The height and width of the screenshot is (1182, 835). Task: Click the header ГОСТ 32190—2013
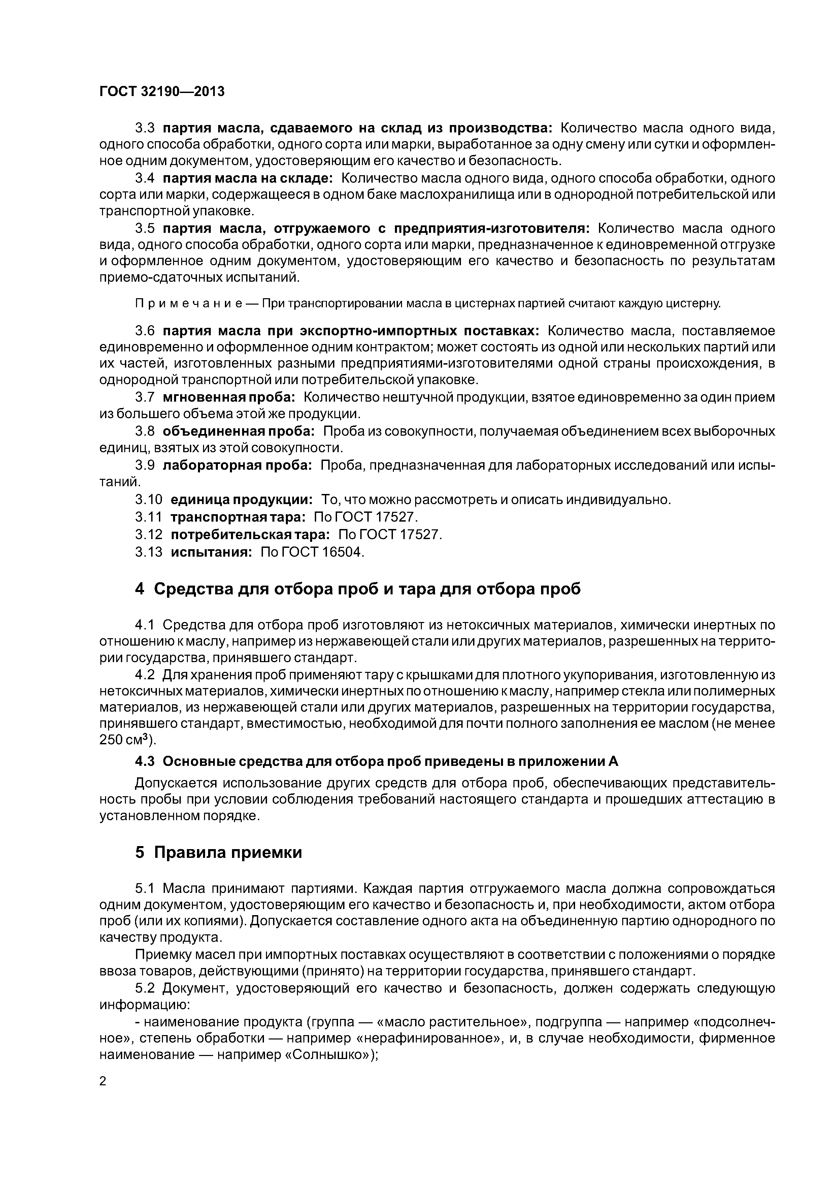pos(162,92)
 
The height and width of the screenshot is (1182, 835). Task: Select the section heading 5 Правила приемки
pos(218,852)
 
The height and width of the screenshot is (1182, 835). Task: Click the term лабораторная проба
pos(237,465)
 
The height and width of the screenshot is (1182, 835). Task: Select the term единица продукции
pos(241,499)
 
